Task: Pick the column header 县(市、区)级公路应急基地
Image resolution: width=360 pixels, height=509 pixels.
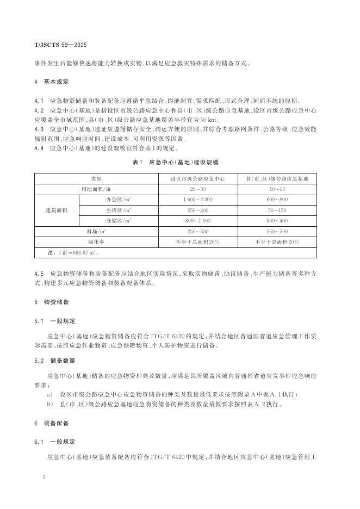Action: click(277, 178)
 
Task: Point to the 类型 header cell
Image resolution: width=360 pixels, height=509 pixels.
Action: click(96, 178)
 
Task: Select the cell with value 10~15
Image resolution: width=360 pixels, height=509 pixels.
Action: click(277, 189)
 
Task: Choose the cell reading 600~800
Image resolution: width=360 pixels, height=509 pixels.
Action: click(277, 200)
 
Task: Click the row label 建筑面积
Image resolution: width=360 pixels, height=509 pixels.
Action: click(57, 210)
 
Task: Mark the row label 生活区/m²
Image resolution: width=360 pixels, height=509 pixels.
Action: click(119, 210)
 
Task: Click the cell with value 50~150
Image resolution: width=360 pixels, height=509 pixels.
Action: click(277, 210)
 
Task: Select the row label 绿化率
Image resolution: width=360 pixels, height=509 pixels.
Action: click(96, 242)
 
